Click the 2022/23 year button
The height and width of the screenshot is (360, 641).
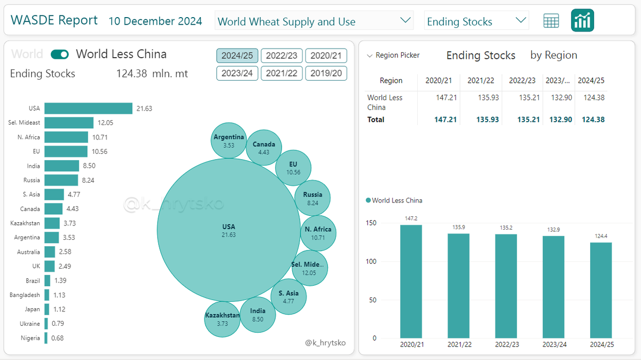tap(282, 56)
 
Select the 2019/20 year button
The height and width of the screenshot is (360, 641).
tap(326, 73)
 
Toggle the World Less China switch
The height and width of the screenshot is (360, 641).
tap(60, 54)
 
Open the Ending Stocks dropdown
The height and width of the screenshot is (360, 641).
tap(476, 21)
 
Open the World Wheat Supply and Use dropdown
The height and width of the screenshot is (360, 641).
tap(314, 21)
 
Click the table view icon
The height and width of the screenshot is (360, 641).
tap(551, 21)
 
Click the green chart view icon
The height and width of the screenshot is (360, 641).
tap(582, 21)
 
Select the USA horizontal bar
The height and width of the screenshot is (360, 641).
tap(88, 108)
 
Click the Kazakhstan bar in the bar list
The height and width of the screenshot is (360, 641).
tap(52, 223)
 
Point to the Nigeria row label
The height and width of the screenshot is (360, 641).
tap(31, 338)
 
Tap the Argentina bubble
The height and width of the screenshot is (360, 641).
tap(229, 140)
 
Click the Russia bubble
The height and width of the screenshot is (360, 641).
tap(312, 198)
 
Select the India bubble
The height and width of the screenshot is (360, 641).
tap(257, 315)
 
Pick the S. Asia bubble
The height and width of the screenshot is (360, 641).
tap(288, 296)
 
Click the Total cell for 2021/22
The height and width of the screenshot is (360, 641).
tap(488, 120)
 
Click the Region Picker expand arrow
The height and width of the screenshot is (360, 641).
tap(370, 56)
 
